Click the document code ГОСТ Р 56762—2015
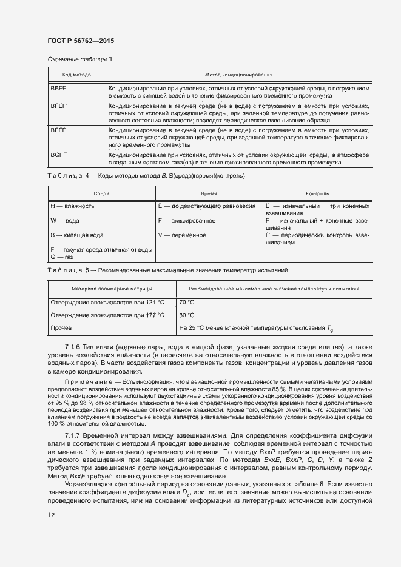[x=81, y=41]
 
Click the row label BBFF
[x=58, y=89]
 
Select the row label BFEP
[x=58, y=106]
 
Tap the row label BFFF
[x=58, y=130]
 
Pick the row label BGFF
[x=58, y=155]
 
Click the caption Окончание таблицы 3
[x=79, y=59]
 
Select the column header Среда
[x=101, y=193]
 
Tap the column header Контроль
[x=317, y=193]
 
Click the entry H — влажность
[x=72, y=206]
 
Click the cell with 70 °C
[x=187, y=302]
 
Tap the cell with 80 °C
[x=187, y=315]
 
